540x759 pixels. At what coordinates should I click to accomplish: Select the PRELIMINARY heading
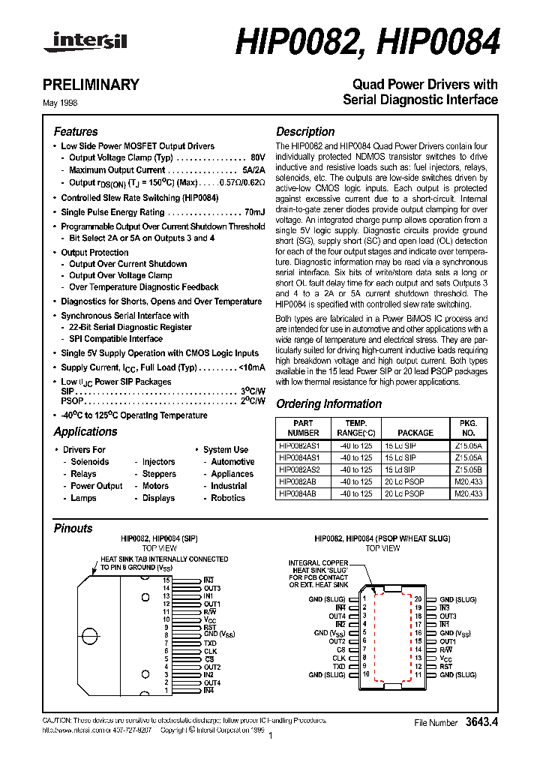pos(96,85)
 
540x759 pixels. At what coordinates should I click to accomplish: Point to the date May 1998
pos(65,103)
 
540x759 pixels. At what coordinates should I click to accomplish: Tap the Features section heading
pos(76,131)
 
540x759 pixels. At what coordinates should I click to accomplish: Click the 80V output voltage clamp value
pos(257,158)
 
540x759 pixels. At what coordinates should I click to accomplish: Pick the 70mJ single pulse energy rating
pos(255,212)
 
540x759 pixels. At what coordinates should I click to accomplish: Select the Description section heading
pos(305,131)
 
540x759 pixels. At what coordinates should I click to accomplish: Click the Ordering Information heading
pos(328,403)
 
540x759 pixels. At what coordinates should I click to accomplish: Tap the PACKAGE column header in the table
pos(415,433)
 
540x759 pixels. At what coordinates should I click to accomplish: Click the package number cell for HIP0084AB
pos(467,494)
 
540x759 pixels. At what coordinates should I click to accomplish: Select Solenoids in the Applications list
pos(90,462)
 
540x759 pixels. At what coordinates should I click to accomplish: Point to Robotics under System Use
pos(228,498)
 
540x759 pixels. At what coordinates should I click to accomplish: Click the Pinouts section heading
pos(73,528)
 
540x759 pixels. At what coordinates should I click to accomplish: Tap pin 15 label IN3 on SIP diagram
pos(208,580)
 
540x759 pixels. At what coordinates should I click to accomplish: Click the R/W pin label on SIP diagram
pos(210,612)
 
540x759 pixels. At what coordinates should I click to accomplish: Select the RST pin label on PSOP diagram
pos(445,666)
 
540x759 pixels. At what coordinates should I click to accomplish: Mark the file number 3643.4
pos(481,723)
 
